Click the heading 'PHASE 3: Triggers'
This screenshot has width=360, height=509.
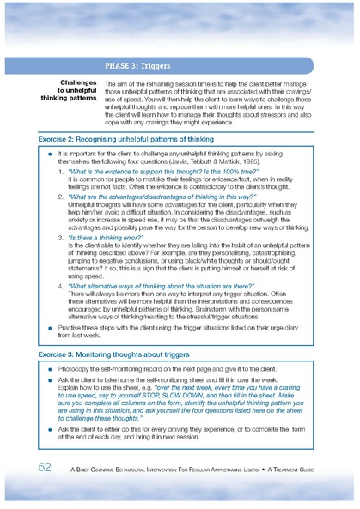click(137, 65)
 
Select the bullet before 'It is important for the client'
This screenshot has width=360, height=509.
click(51, 151)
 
